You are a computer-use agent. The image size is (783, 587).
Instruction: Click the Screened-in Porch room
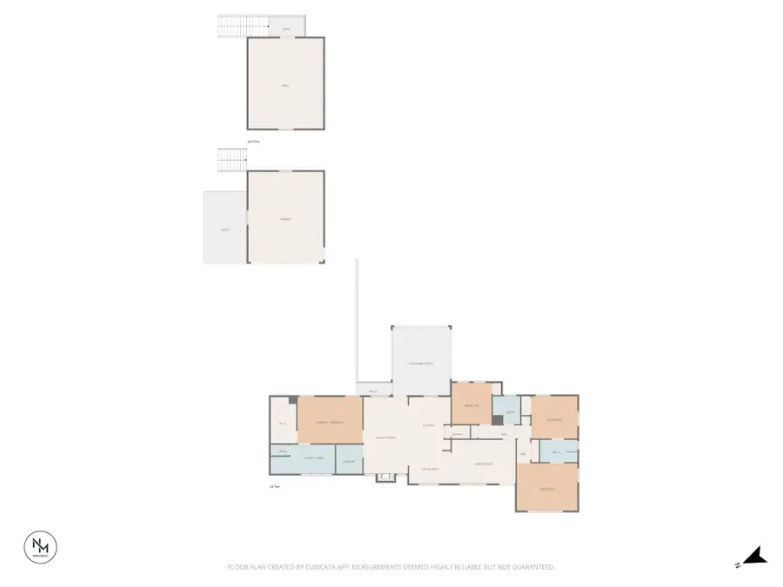click(x=421, y=362)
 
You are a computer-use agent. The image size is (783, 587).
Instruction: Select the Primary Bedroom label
click(x=329, y=422)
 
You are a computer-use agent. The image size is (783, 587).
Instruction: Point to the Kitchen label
click(x=428, y=425)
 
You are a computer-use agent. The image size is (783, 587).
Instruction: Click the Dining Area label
click(x=430, y=470)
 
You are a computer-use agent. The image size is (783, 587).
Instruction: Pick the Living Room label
click(x=484, y=464)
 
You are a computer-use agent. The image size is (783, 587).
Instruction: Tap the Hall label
click(x=505, y=434)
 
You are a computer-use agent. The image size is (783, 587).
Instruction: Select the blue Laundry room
click(x=350, y=462)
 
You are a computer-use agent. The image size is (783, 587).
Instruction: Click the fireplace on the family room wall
click(x=385, y=477)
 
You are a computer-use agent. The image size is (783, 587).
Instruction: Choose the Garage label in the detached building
click(x=285, y=218)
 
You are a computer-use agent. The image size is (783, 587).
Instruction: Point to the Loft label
click(x=285, y=85)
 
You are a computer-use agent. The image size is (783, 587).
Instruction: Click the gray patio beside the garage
click(x=225, y=228)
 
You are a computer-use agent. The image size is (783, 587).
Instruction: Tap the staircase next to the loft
click(x=232, y=26)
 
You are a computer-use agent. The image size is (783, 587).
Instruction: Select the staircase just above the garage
click(x=232, y=160)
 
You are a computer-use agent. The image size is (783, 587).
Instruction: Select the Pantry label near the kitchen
click(x=457, y=434)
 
